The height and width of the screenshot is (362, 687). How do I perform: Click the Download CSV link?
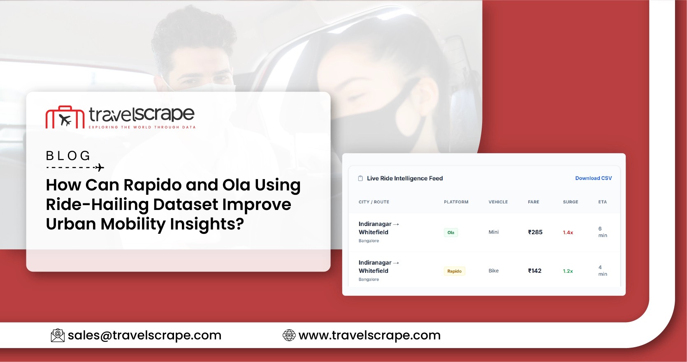593,178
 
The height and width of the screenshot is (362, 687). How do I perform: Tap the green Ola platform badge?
451,233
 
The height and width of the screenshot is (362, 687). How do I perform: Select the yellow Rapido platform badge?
454,271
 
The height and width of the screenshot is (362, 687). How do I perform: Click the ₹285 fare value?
535,232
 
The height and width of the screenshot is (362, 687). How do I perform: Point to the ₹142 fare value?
535,271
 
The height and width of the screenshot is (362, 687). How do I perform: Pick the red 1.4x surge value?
568,233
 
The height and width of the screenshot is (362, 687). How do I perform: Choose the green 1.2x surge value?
568,271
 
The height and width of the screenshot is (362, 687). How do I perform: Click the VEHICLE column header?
498,202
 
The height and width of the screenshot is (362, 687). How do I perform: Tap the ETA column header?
602,202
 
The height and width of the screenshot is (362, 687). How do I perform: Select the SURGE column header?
570,202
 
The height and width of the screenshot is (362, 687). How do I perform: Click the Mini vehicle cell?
493,232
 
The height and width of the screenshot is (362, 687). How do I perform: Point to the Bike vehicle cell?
493,271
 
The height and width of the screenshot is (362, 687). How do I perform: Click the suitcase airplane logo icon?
65,118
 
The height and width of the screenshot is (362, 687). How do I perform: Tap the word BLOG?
68,156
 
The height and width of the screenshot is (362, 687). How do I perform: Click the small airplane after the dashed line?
99,167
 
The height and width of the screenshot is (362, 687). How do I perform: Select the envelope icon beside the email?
58,335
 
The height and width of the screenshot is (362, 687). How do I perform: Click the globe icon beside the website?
289,335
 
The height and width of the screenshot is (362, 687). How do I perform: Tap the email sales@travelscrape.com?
144,335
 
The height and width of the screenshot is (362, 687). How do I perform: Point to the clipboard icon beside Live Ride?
360,178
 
